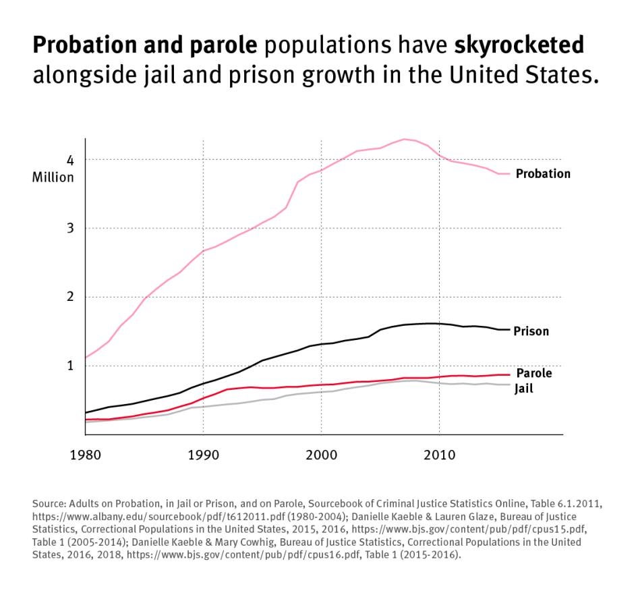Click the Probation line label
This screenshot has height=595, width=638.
542,174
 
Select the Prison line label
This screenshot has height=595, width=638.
531,331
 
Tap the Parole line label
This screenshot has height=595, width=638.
533,373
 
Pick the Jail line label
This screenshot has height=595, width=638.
524,389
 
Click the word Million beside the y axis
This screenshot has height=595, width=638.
53,178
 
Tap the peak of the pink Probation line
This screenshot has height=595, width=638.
404,139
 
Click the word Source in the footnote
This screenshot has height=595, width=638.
48,503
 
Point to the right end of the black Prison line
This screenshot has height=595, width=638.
509,329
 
